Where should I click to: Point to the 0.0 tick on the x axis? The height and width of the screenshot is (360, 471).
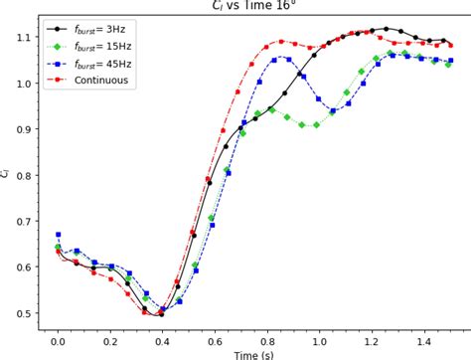click(x=58, y=340)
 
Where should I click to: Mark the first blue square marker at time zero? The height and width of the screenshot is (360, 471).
click(x=58, y=235)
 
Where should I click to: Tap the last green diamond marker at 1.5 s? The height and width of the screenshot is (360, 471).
click(x=449, y=65)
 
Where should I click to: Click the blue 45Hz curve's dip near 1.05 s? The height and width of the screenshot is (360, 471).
click(x=334, y=110)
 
